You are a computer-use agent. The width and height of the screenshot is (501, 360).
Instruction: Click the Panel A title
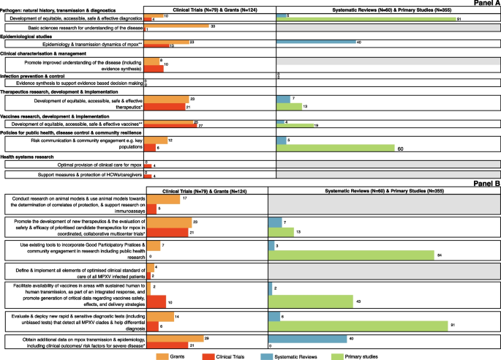click(483, 4)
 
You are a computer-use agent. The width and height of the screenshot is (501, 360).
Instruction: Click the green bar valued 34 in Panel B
click(352, 254)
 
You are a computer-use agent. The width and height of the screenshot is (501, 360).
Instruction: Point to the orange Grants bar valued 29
click(175, 338)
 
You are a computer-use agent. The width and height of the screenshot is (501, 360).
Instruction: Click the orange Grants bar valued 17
click(162, 198)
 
